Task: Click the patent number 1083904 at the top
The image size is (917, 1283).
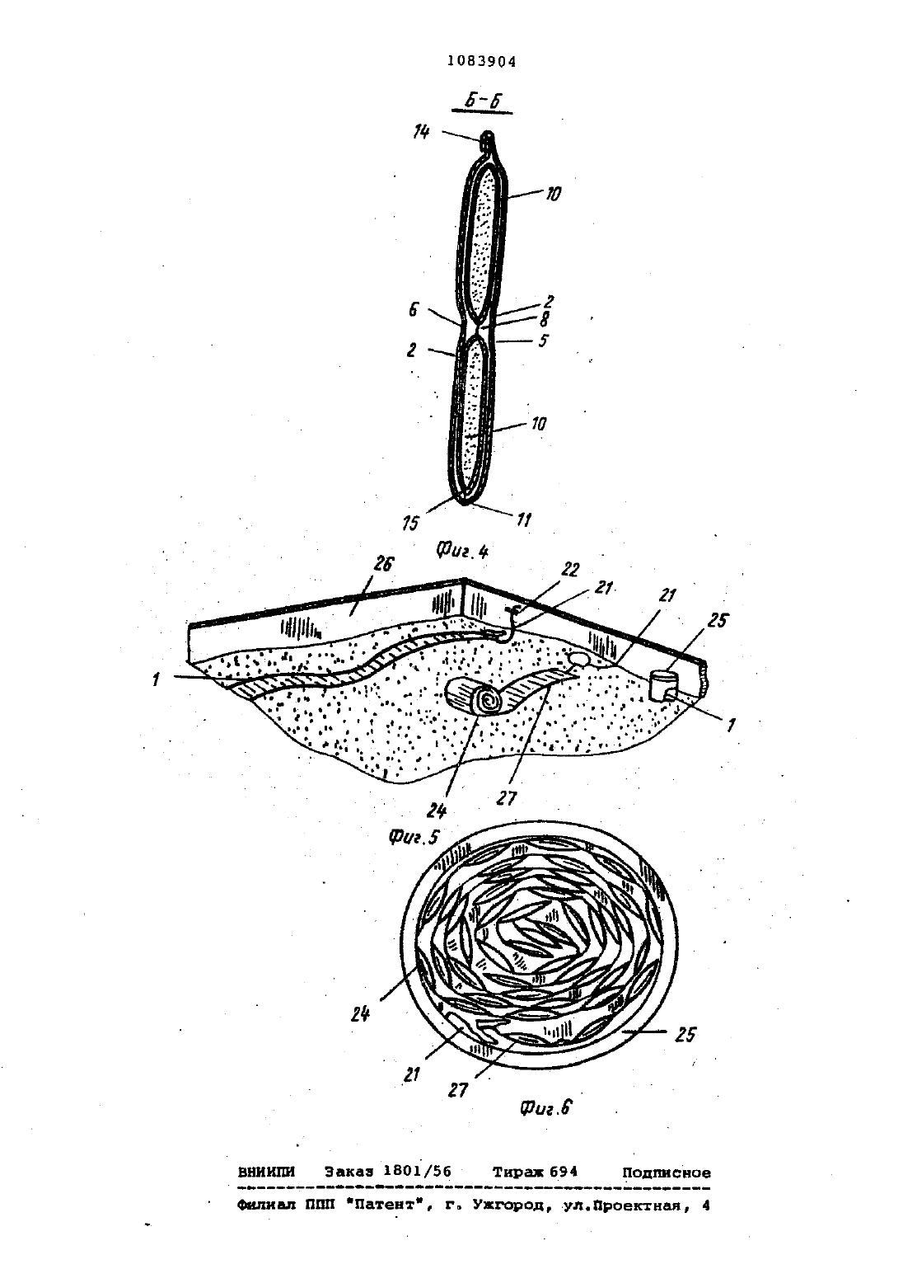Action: point(481,61)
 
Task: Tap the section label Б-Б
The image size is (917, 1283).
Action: point(482,101)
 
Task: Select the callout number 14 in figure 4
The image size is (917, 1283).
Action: point(422,133)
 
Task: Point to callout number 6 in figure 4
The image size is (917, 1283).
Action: point(414,310)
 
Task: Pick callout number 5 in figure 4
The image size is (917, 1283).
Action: point(543,341)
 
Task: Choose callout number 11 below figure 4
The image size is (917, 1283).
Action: point(523,519)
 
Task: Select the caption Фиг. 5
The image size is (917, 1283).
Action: point(414,837)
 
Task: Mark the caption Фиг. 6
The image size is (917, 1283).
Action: point(545,1107)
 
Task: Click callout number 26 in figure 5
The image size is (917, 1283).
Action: point(383,564)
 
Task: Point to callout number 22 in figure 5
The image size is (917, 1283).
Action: point(571,570)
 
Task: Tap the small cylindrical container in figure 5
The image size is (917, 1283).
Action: point(663,685)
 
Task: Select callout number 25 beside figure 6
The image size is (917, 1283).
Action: point(685,1035)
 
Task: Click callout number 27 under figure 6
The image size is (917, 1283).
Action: point(458,1089)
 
